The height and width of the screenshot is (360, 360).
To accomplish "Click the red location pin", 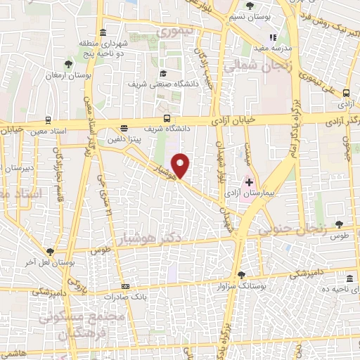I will (181, 165).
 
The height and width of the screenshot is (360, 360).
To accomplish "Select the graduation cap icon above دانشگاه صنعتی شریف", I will (163, 74).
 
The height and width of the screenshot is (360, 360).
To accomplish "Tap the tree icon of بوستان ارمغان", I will (67, 64).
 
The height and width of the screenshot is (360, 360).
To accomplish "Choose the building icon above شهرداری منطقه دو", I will (103, 33).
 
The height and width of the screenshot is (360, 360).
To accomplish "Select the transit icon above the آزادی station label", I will (347, 93).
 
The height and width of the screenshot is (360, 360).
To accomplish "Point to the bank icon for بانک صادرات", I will (125, 286).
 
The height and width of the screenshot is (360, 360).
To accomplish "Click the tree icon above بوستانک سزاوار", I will (241, 275).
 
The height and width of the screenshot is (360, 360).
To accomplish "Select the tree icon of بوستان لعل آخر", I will (49, 251).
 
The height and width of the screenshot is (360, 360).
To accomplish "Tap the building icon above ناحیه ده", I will (349, 278).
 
